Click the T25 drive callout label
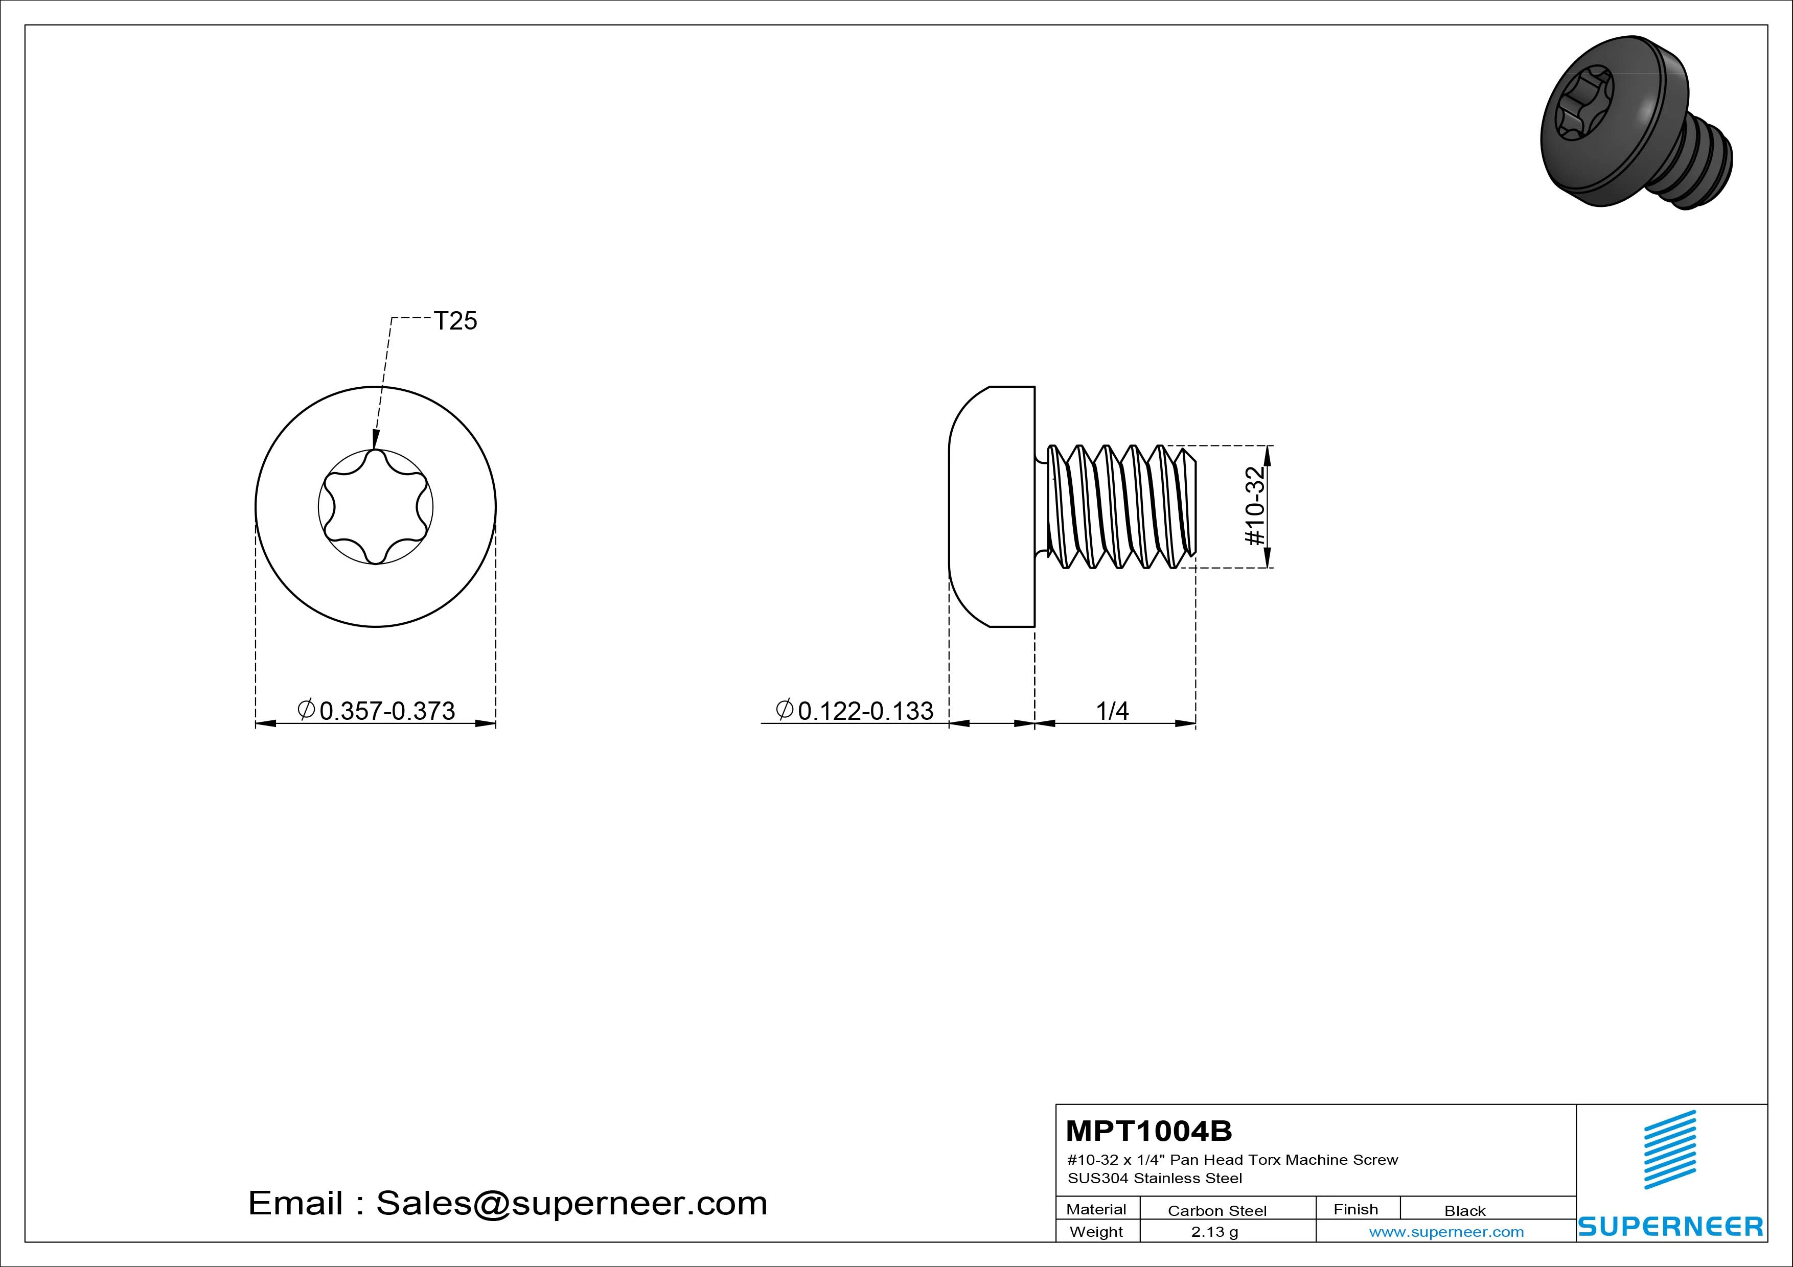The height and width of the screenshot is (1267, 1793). coord(455,321)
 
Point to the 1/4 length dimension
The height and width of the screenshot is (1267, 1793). coord(1112,711)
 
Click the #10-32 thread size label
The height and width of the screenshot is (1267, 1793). coord(1255,506)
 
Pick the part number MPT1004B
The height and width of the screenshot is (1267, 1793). coord(1149,1131)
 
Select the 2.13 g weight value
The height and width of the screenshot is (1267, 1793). coord(1214,1232)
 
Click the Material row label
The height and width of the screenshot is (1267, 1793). coord(1096,1209)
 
